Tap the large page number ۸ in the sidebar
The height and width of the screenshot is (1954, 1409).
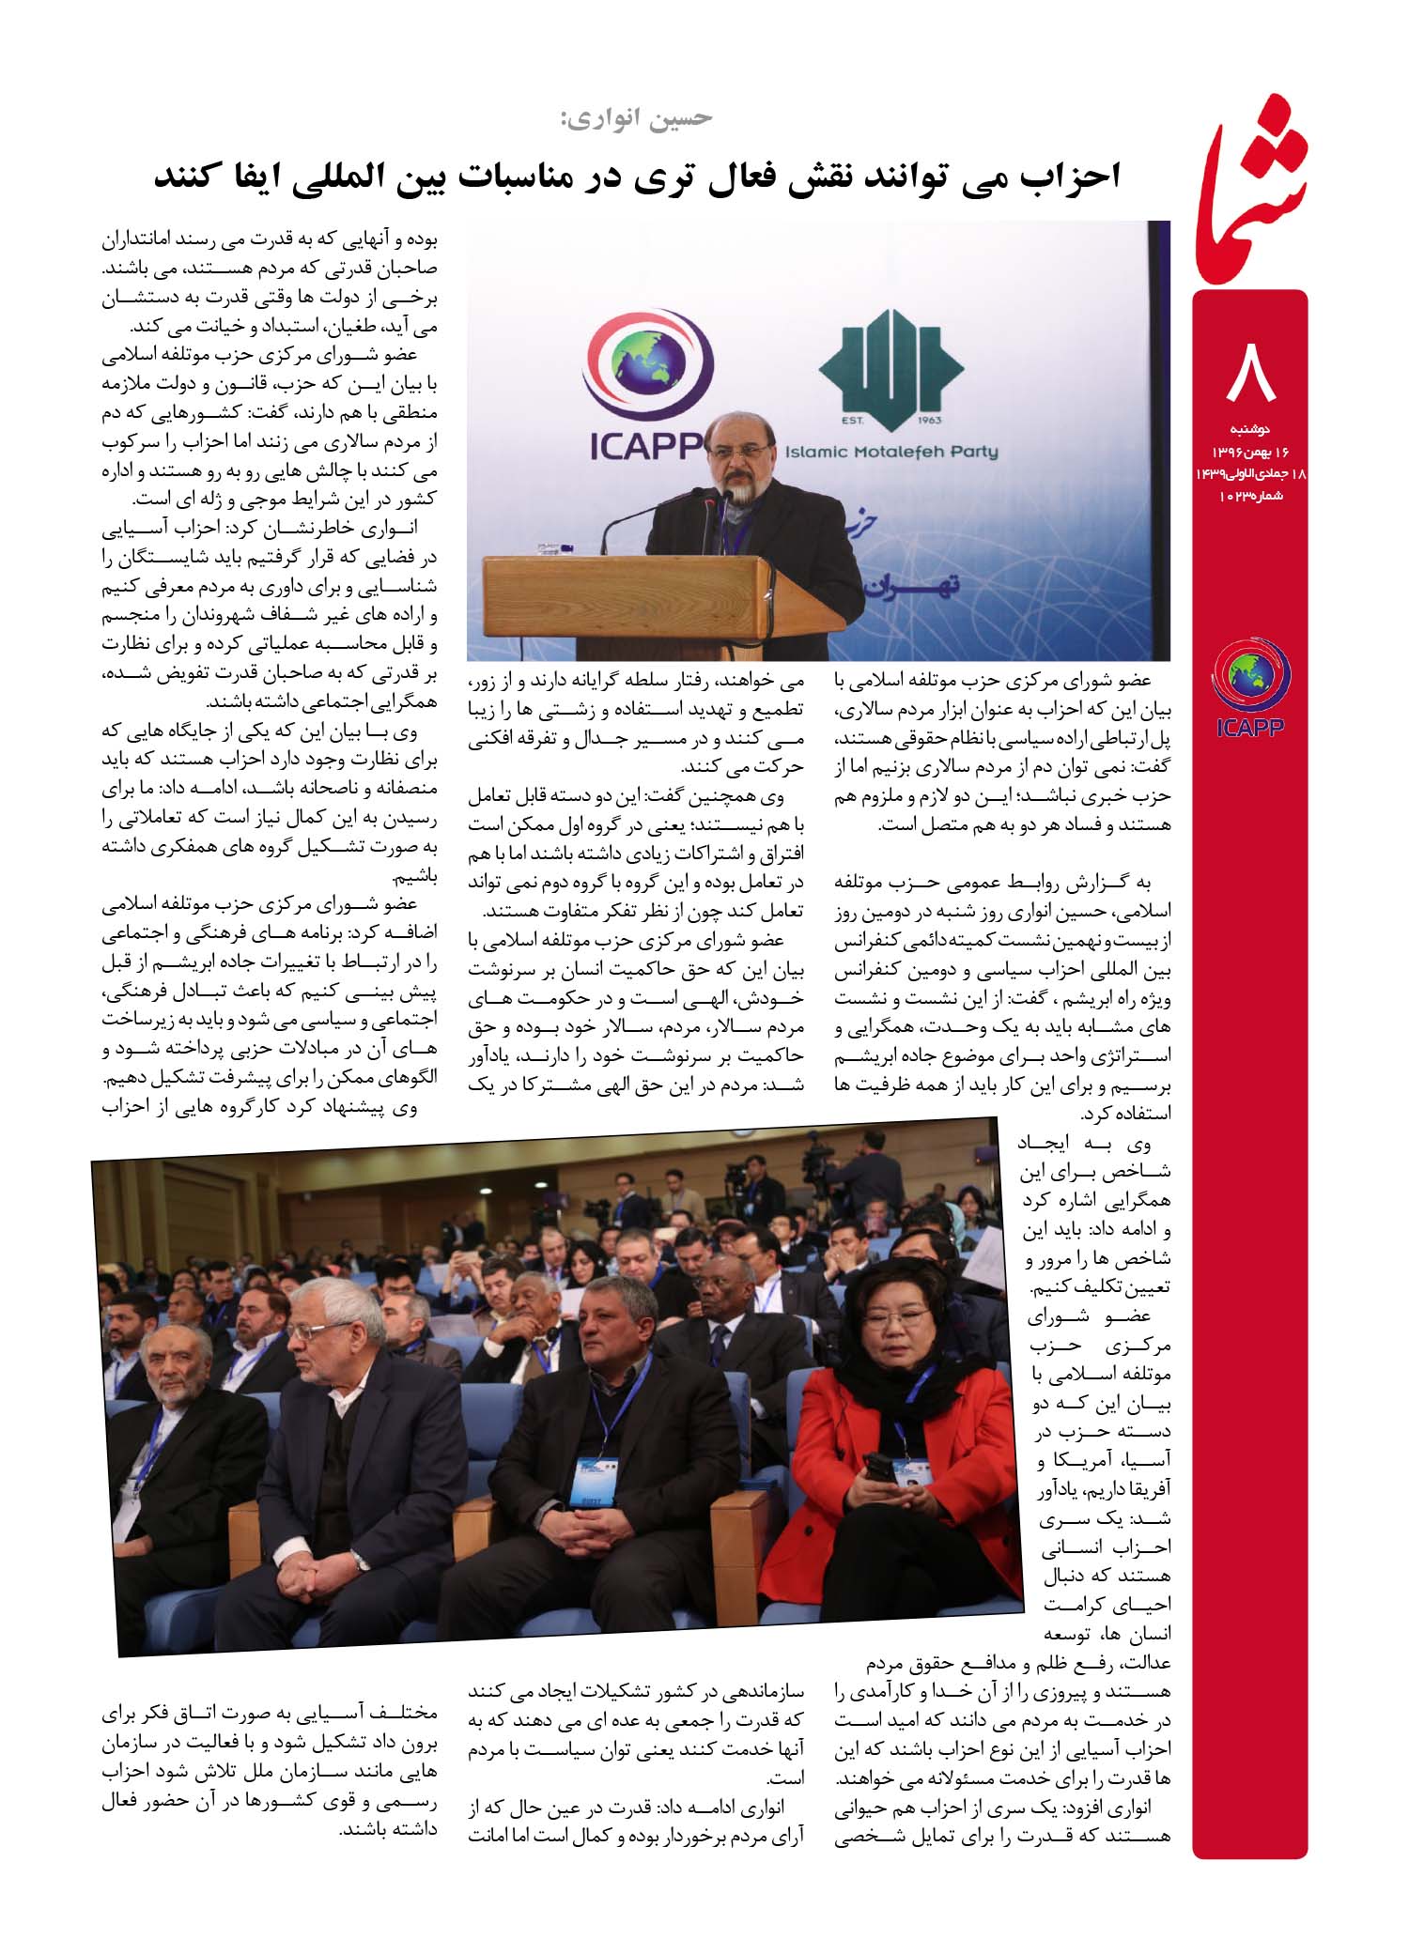pyautogui.click(x=1249, y=372)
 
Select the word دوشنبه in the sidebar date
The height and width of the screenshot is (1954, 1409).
pyautogui.click(x=1250, y=430)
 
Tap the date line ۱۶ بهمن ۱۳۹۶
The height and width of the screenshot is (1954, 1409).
pyautogui.click(x=1250, y=452)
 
